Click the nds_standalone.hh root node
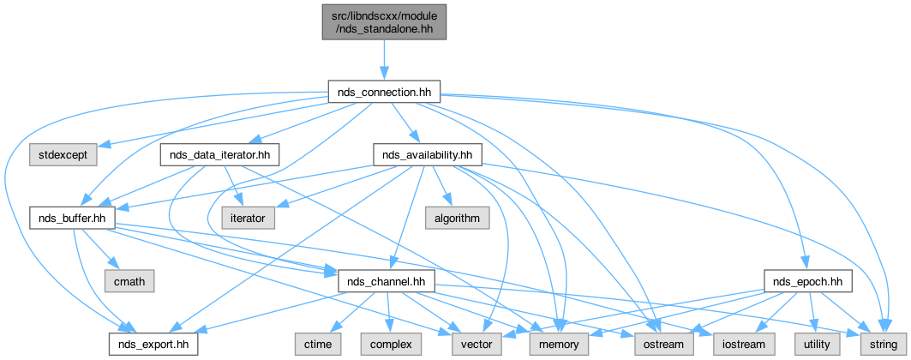[385, 21]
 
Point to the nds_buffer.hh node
[72, 218]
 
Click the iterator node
[249, 218]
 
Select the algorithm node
[456, 218]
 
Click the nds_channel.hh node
[388, 280]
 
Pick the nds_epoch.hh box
[807, 280]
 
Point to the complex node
[390, 344]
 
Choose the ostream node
[657, 344]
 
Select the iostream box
[744, 344]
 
